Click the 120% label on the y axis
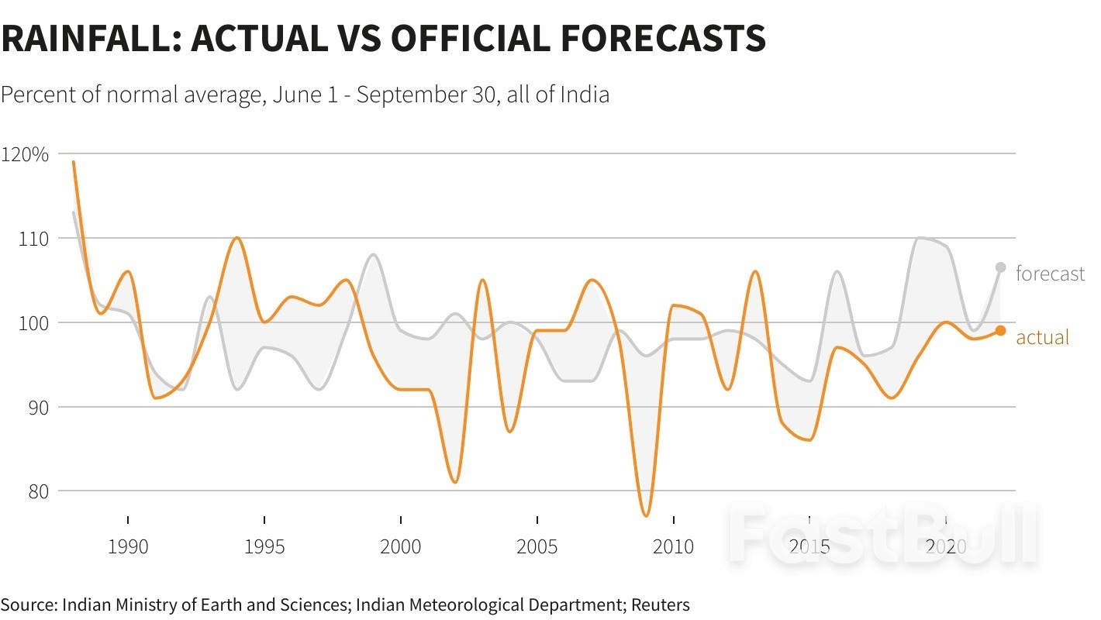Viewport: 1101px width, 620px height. pyautogui.click(x=25, y=154)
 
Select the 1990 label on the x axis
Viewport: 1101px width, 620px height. pyautogui.click(x=128, y=547)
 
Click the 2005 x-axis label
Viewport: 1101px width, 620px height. pyautogui.click(x=537, y=547)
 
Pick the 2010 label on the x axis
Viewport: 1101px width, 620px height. pyautogui.click(x=673, y=547)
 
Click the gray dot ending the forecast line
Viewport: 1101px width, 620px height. pyautogui.click(x=1000, y=267)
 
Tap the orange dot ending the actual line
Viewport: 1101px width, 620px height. pyautogui.click(x=1000, y=330)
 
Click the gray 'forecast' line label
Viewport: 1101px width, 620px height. pyautogui.click(x=1050, y=274)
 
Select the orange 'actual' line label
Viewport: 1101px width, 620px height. pyautogui.click(x=1042, y=337)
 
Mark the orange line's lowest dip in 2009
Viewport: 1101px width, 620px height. pyautogui.click(x=646, y=515)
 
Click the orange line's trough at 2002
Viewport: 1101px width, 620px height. pyautogui.click(x=455, y=482)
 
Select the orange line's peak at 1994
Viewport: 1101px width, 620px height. pyautogui.click(x=237, y=238)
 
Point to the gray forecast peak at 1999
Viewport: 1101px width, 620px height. pyautogui.click(x=374, y=254)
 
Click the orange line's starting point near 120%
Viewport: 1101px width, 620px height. pyautogui.click(x=74, y=162)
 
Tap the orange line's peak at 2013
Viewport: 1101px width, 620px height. pyautogui.click(x=755, y=271)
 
